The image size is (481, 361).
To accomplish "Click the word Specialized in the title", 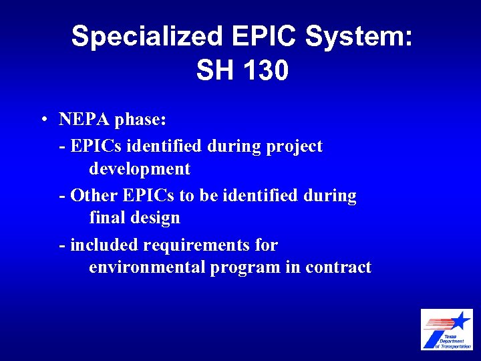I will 146,37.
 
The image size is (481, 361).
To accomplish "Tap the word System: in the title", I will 359,37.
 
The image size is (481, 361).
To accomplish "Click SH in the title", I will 212,70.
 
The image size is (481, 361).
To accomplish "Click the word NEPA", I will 84,120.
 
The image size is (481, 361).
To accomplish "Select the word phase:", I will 140,121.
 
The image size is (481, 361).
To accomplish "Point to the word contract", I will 338,267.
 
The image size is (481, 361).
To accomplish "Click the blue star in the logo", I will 460,320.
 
